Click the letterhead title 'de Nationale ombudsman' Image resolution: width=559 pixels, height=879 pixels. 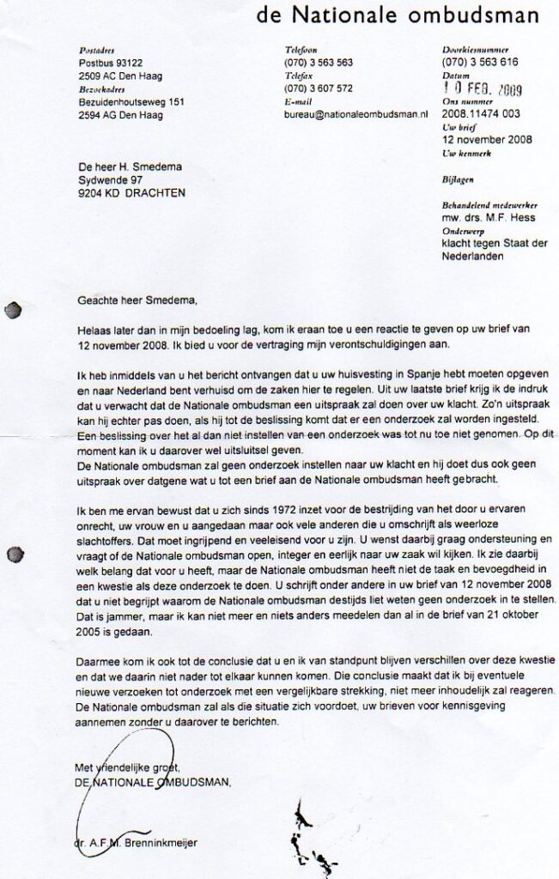397,15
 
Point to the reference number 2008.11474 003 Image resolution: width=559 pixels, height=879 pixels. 481,112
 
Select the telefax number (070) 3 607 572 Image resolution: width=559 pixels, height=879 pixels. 318,88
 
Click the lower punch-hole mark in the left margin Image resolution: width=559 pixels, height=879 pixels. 12,555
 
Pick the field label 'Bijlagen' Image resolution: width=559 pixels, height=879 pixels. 457,179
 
